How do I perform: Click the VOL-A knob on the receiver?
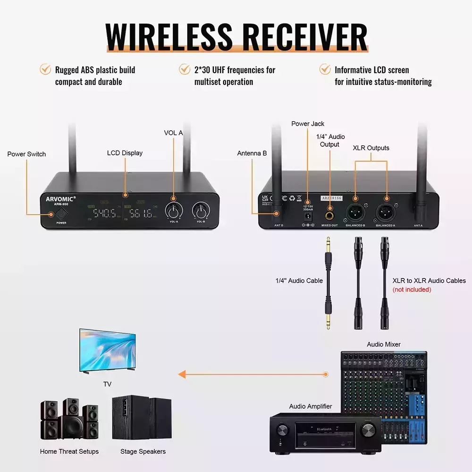[x=173, y=210]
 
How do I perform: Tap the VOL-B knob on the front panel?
[x=201, y=210]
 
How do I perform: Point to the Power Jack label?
[x=308, y=124]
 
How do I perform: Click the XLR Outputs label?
[x=371, y=148]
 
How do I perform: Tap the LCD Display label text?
[x=125, y=153]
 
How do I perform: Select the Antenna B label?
[x=252, y=153]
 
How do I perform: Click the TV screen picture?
[x=108, y=350]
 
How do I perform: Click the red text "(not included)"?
[x=412, y=289]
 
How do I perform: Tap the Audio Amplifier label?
[x=311, y=406]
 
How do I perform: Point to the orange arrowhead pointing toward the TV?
[x=182, y=375]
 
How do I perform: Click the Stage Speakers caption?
[x=143, y=452]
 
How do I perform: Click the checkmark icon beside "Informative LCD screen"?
[x=325, y=69]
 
